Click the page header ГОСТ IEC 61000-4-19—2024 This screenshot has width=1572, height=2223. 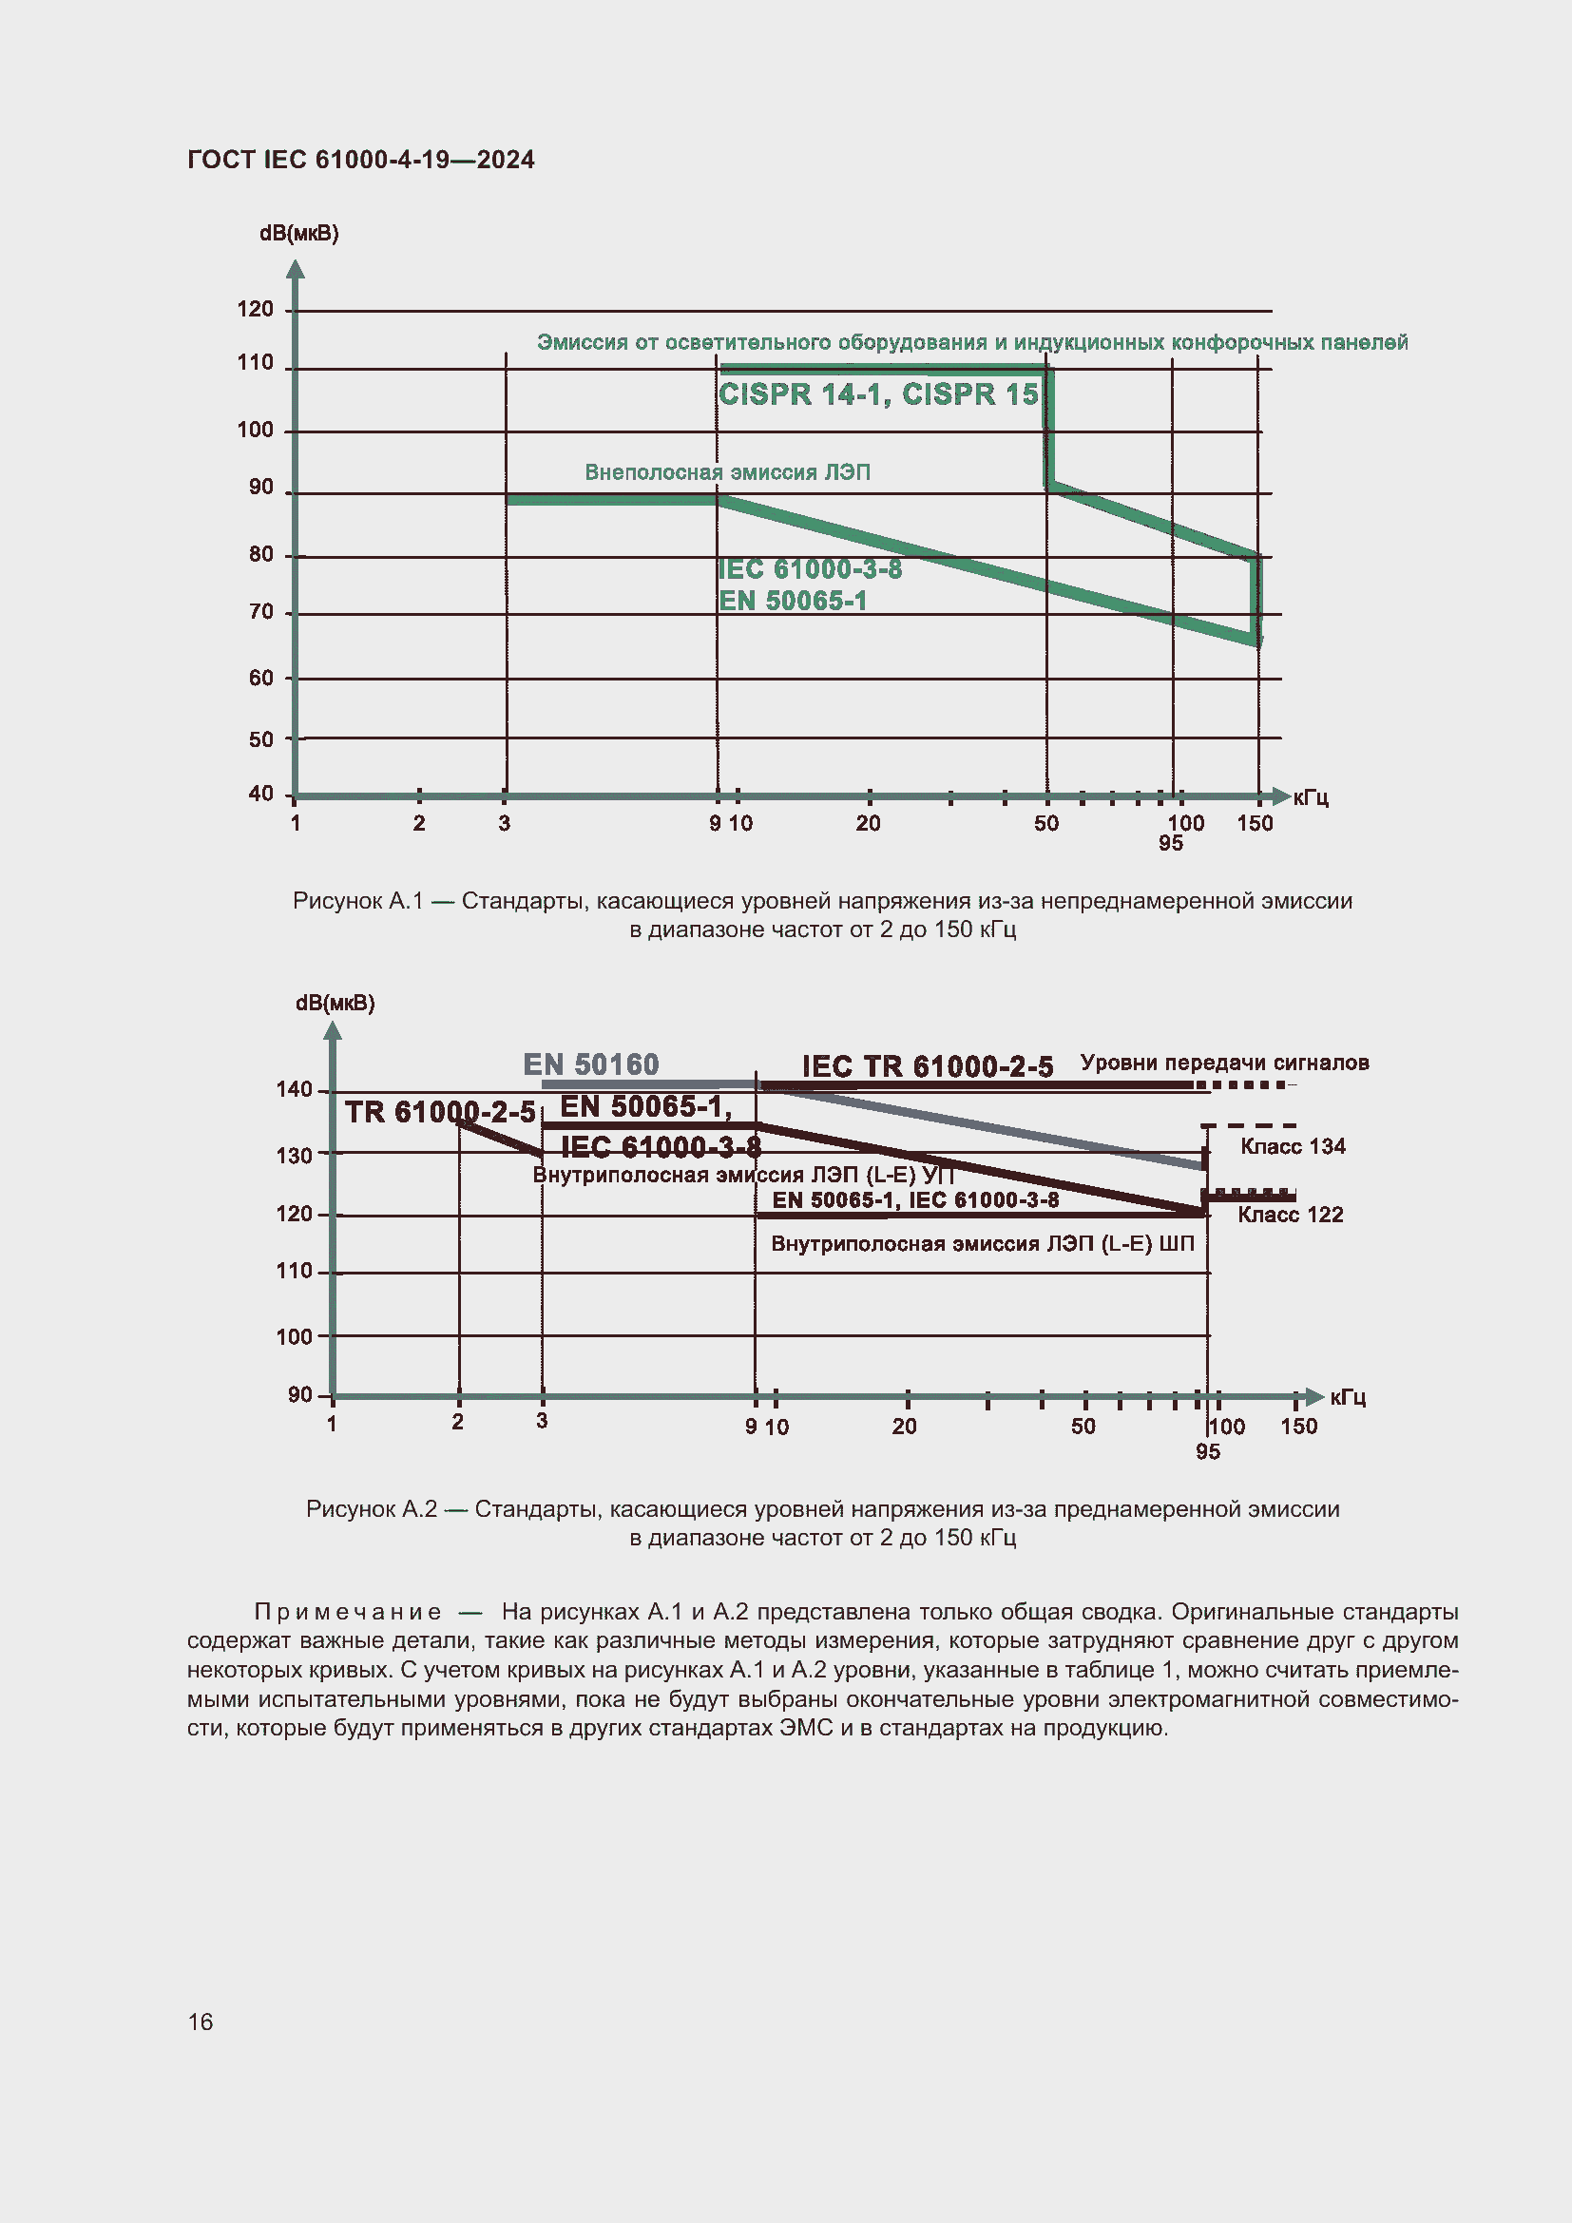point(360,160)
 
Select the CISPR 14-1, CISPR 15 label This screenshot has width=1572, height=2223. point(878,394)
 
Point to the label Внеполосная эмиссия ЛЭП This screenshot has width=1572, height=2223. point(727,472)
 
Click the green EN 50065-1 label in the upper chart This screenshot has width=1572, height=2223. point(793,602)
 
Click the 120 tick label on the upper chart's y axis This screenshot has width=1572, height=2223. point(256,309)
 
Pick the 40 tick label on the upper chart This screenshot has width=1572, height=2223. point(261,794)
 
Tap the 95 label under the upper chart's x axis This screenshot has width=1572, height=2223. point(1171,843)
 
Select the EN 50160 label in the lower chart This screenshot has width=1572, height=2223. point(590,1064)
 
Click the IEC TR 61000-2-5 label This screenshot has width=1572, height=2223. point(928,1066)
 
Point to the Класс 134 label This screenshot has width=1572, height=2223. point(1294,1146)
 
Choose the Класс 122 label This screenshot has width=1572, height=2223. point(1291,1216)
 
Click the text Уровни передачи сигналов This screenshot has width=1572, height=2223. point(1224,1064)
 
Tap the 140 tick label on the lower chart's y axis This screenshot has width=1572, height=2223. point(295,1089)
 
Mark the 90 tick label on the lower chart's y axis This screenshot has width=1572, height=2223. point(300,1394)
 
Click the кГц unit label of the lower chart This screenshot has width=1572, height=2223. point(1348,1397)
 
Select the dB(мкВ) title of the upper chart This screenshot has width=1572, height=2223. point(299,234)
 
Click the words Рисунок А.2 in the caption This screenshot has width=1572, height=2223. point(372,1508)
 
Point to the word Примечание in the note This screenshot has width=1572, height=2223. point(348,1611)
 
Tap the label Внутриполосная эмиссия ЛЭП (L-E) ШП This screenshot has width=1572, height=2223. point(983,1243)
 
